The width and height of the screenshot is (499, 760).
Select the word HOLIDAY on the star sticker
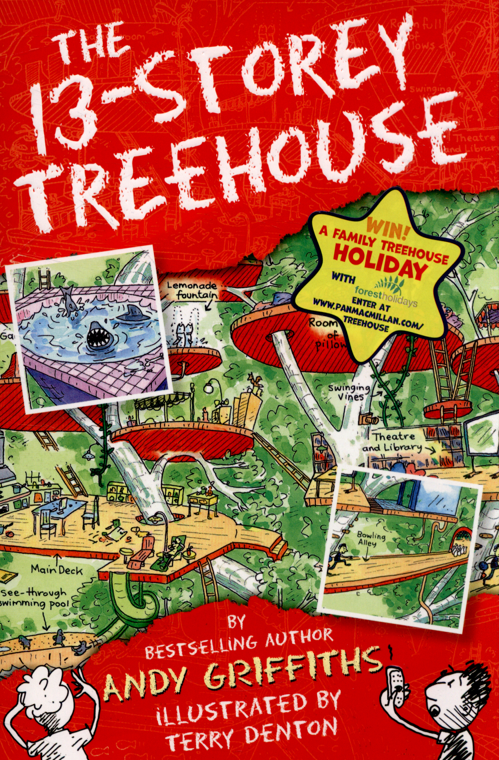point(380,262)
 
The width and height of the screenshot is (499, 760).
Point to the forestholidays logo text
point(386,296)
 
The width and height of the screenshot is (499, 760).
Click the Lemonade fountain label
point(192,290)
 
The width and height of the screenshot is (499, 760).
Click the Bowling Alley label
point(371,539)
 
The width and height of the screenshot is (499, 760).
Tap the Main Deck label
point(56,569)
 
